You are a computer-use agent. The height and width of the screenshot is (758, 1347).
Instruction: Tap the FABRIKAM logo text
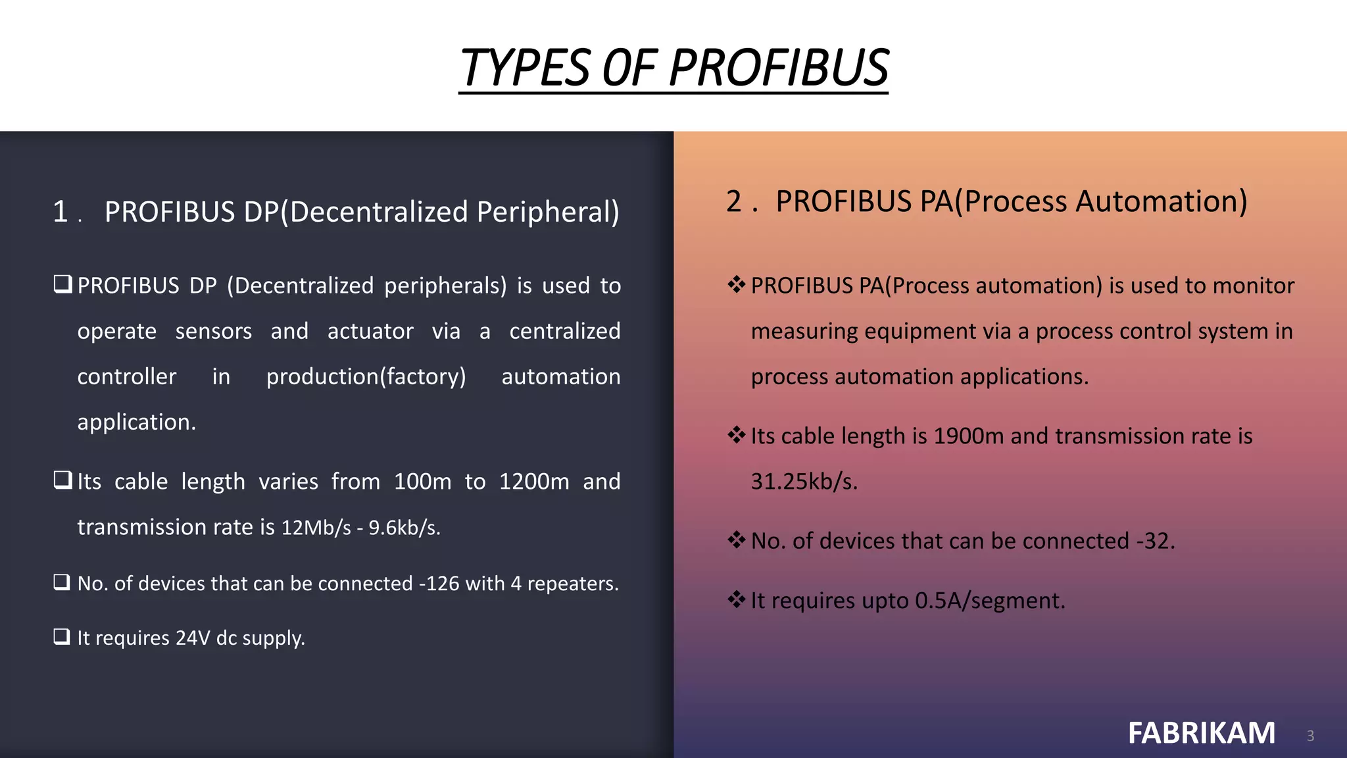coord(1202,733)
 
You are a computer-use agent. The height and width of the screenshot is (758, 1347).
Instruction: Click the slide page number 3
coord(1310,736)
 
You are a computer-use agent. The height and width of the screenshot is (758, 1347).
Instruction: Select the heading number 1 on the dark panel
coord(61,212)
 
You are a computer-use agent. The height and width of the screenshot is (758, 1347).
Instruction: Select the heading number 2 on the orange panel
coord(734,201)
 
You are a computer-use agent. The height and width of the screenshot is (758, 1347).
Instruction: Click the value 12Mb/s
coord(316,528)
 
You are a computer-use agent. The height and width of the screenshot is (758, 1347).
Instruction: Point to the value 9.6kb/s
coord(404,528)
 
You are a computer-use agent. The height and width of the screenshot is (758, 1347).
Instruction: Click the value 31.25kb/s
coord(804,482)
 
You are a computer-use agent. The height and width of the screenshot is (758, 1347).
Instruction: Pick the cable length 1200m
coord(534,482)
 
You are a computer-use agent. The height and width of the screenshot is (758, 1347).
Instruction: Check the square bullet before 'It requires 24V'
coord(62,636)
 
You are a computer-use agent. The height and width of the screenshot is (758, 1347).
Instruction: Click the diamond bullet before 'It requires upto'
coord(736,599)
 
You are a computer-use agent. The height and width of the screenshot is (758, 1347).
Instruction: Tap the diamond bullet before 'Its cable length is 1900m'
coord(736,435)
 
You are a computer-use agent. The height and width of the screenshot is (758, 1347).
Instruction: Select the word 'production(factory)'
coord(366,376)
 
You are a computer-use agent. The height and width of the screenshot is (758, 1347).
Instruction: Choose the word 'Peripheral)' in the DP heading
coord(547,212)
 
